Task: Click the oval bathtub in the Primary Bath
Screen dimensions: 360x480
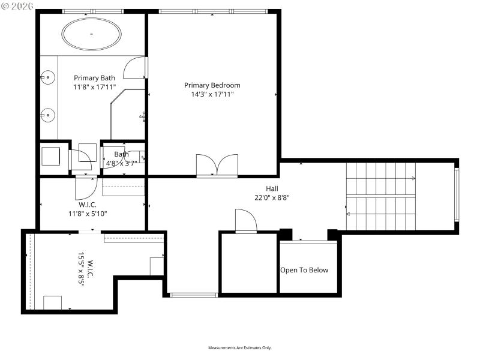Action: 92,34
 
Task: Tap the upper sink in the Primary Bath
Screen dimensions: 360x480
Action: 48,77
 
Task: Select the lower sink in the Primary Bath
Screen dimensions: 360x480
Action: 48,114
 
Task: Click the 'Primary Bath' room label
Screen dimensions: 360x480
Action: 94,78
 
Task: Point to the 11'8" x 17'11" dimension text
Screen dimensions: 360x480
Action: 94,87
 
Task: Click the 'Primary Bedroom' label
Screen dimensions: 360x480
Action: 212,85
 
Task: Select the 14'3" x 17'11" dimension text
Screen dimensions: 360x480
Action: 212,94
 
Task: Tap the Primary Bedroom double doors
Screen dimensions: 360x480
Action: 217,166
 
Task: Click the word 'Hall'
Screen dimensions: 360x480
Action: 272,188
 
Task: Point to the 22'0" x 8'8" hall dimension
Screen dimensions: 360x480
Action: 272,197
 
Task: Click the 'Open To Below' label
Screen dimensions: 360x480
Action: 304,270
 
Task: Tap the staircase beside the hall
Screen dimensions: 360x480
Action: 380,196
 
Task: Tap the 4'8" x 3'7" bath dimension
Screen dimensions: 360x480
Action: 121,163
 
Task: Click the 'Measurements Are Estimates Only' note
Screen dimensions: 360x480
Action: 240,348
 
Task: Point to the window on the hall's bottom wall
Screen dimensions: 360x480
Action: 193,295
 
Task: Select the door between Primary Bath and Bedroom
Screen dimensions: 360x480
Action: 136,68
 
